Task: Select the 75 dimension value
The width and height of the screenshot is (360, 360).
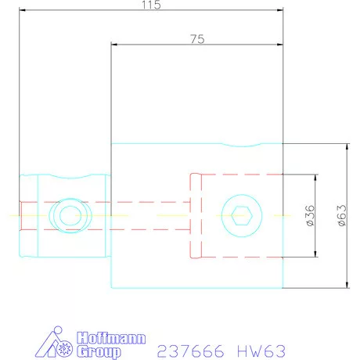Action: pos(197,38)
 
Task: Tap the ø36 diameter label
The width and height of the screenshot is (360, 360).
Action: pos(310,214)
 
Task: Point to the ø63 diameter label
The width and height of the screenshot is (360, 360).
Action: pos(341,214)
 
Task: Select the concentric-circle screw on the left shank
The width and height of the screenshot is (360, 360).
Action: pos(63,214)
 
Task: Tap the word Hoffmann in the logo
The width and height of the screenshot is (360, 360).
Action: pos(99,338)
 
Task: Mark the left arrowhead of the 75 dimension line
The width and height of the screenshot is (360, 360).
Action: pos(114,44)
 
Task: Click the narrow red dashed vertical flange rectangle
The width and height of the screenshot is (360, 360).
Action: pos(196,214)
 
